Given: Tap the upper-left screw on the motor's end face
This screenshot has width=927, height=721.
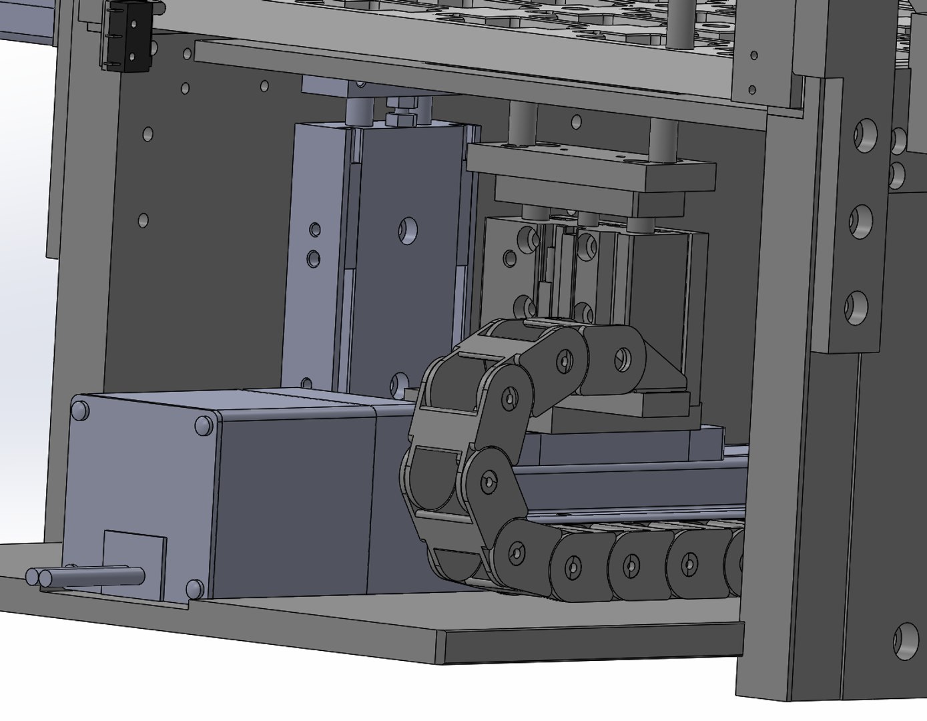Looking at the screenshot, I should [x=80, y=409].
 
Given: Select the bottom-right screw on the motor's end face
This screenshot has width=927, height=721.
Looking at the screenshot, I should [x=194, y=587].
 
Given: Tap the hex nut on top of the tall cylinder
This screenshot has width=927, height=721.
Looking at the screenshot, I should [x=399, y=119].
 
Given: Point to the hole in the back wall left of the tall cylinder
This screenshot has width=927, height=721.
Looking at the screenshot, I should [x=143, y=220].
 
